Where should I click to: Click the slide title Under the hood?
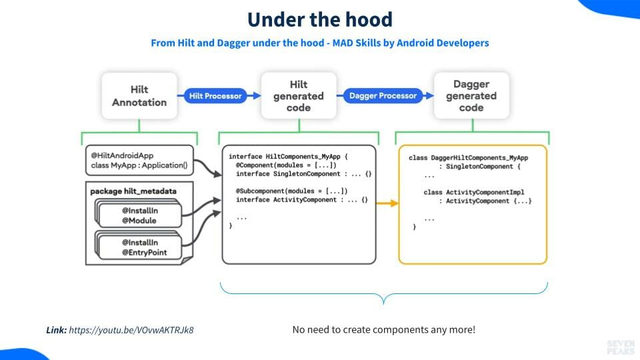[320, 19]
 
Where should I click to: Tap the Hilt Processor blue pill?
[215, 96]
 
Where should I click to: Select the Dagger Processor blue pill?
[383, 96]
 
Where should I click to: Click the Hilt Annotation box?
[139, 96]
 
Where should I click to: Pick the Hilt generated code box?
[298, 96]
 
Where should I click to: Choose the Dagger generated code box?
[471, 96]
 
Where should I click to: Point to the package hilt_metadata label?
[133, 191]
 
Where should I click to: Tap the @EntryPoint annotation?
[144, 253]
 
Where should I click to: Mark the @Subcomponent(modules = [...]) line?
[291, 191]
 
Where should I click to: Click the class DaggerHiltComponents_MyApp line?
[468, 158]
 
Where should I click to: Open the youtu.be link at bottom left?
[135, 330]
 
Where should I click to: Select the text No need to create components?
[383, 330]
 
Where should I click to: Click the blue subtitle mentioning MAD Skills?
[320, 43]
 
